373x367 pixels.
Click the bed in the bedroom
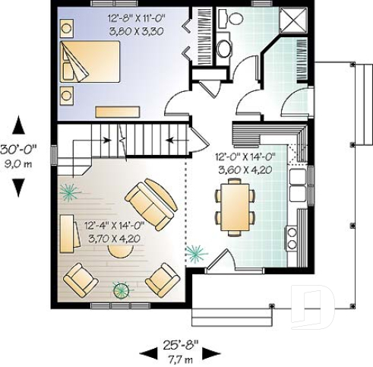tap(90, 62)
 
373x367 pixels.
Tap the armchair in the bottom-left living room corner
tap(79, 280)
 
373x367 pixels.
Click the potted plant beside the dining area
tap(197, 253)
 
